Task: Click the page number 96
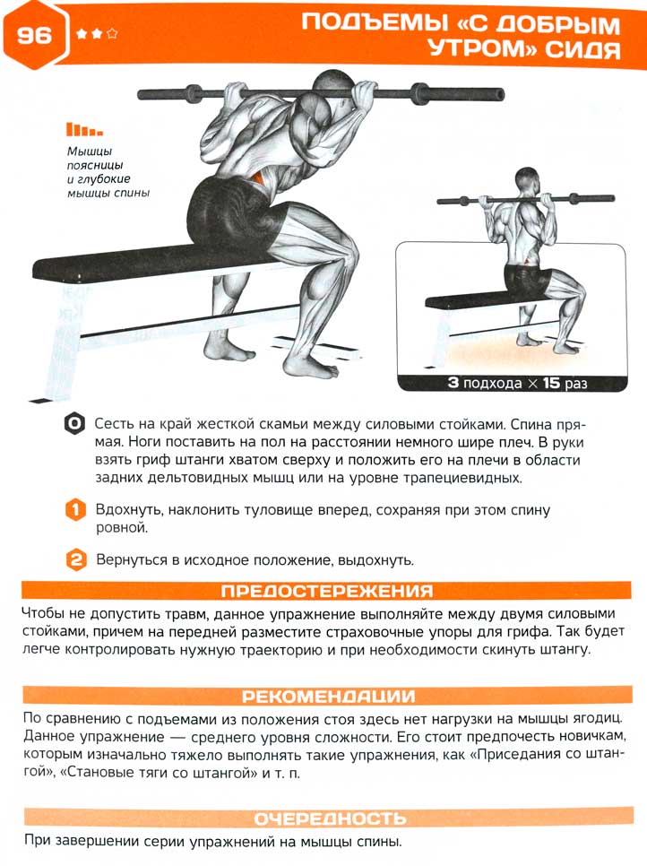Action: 33,35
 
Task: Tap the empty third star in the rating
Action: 112,34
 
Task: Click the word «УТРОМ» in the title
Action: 483,48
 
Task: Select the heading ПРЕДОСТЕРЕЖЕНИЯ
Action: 327,591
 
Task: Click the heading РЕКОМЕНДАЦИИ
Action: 328,696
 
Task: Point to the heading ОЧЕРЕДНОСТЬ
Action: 330,818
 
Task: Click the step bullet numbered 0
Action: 74,424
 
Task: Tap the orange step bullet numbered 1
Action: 75,509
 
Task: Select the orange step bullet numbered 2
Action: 76,559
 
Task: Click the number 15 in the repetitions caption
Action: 551,383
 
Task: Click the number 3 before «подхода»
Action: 453,382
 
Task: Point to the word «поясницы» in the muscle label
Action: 95,165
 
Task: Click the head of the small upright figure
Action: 526,181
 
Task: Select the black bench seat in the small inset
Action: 470,299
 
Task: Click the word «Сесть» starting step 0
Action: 114,424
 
